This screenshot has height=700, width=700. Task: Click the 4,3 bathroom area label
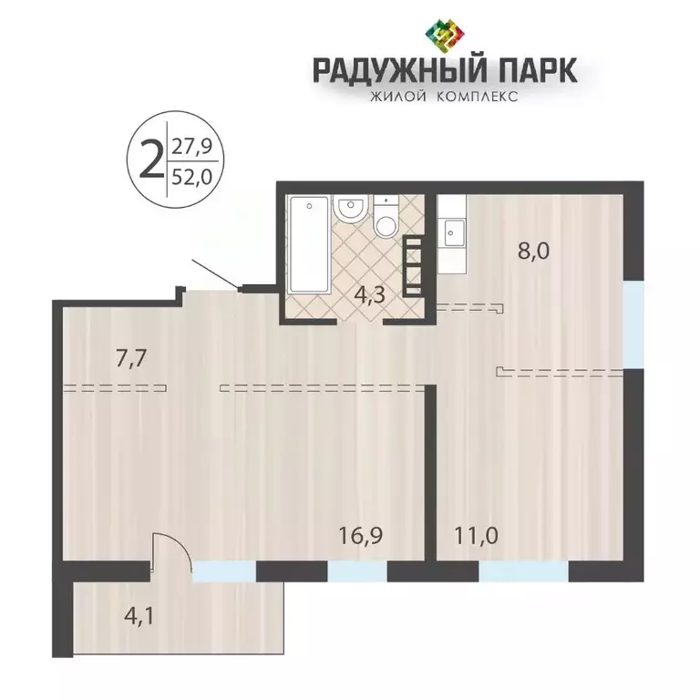click(368, 294)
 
